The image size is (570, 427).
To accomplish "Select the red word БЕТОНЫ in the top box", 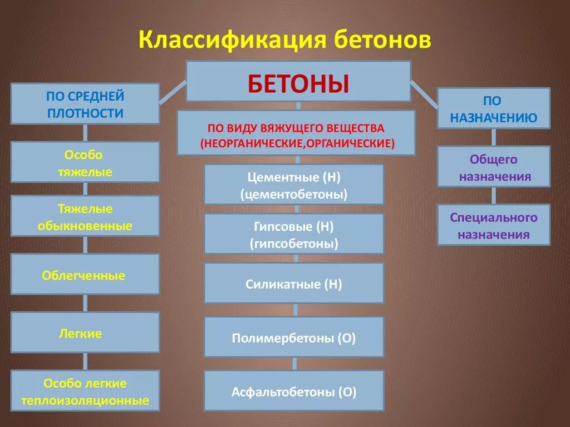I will pyautogui.click(x=298, y=83).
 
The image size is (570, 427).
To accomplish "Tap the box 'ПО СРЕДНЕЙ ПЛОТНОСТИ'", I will pyautogui.click(x=85, y=104).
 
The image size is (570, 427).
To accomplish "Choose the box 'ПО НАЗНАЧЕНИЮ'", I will pyautogui.click(x=493, y=108).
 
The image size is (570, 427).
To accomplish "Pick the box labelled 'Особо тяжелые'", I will pyautogui.click(x=85, y=162).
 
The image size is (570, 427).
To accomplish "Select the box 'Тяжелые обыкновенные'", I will pyautogui.click(x=85, y=217).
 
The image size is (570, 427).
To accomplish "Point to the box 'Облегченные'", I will pyautogui.click(x=85, y=275).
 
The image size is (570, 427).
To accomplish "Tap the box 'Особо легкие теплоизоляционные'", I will pyautogui.click(x=85, y=391).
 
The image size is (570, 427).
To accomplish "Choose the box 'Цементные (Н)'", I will pyautogui.click(x=294, y=185).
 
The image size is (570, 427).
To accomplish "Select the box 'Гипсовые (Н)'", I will pyautogui.click(x=294, y=234).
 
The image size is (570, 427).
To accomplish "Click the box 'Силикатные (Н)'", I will pyautogui.click(x=294, y=284).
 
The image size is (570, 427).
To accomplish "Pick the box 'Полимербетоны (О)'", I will pyautogui.click(x=294, y=337).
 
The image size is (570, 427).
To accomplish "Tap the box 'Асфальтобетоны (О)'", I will pyautogui.click(x=294, y=391).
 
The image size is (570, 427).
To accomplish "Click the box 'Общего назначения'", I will pyautogui.click(x=493, y=167).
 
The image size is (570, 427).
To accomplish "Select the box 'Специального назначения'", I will pyautogui.click(x=493, y=225).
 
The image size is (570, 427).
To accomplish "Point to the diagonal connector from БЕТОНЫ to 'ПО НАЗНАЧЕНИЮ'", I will pyautogui.click(x=424, y=92).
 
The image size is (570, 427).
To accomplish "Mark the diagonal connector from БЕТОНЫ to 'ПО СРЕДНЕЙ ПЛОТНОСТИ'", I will pyautogui.click(x=173, y=92).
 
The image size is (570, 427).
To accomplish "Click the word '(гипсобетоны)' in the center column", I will pyautogui.click(x=294, y=243).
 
